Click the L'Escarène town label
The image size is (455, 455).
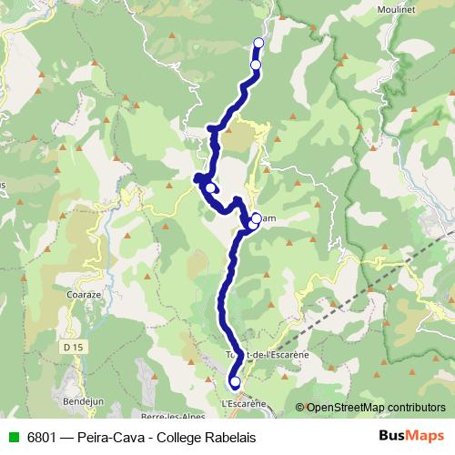click(243, 403)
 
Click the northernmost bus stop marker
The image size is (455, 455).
click(258, 43)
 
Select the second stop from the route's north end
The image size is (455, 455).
click(256, 66)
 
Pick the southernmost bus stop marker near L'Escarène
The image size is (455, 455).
click(235, 382)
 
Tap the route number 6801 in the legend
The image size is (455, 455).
click(38, 438)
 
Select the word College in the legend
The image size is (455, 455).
click(177, 438)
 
